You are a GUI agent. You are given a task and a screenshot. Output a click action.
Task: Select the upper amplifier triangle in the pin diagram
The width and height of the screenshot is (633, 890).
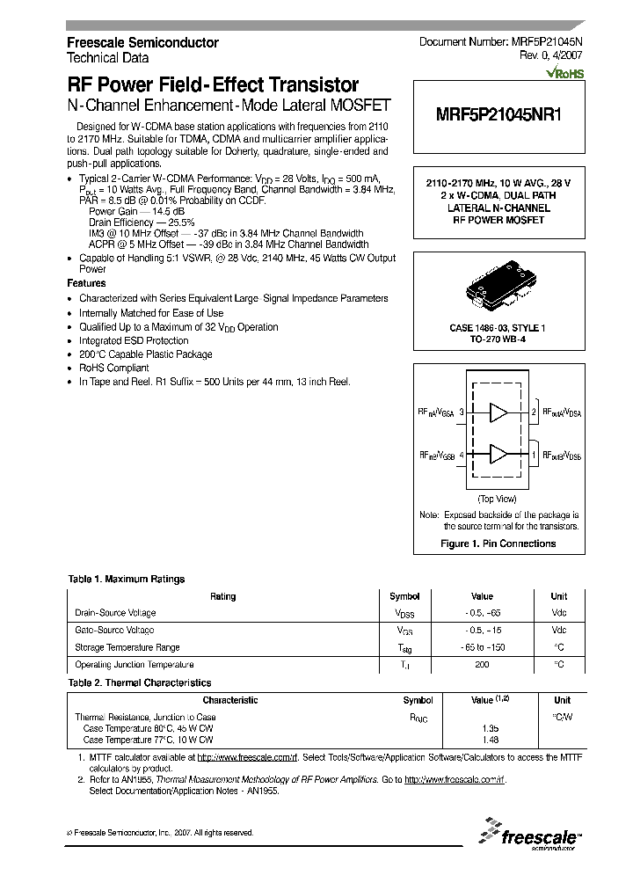[498, 412]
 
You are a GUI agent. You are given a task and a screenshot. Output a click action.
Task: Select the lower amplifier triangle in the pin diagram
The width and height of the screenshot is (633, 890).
[498, 454]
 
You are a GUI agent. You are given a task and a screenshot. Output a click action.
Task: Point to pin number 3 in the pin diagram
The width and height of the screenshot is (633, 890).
[461, 412]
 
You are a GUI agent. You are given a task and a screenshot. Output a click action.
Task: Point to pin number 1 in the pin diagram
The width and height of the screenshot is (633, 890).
[534, 455]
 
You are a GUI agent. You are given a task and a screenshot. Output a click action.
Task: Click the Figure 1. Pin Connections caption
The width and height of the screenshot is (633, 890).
[498, 543]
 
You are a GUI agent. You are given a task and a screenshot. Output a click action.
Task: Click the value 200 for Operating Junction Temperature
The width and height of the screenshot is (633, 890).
[482, 665]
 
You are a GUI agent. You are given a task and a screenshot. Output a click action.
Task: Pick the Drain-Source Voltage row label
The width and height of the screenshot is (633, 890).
[116, 613]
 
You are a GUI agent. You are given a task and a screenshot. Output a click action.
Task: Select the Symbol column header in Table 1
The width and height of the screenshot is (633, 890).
[404, 596]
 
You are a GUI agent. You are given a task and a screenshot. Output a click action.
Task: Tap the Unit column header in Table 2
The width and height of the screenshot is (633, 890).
[562, 700]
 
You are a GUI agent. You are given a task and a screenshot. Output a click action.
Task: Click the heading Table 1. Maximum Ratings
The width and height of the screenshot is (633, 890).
[127, 579]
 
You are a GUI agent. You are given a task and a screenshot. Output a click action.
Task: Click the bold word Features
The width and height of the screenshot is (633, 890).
[86, 284]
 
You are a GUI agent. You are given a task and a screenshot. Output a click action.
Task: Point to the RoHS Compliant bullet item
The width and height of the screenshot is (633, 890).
[113, 368]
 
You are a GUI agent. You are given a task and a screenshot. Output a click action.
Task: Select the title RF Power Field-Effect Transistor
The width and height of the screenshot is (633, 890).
[213, 85]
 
